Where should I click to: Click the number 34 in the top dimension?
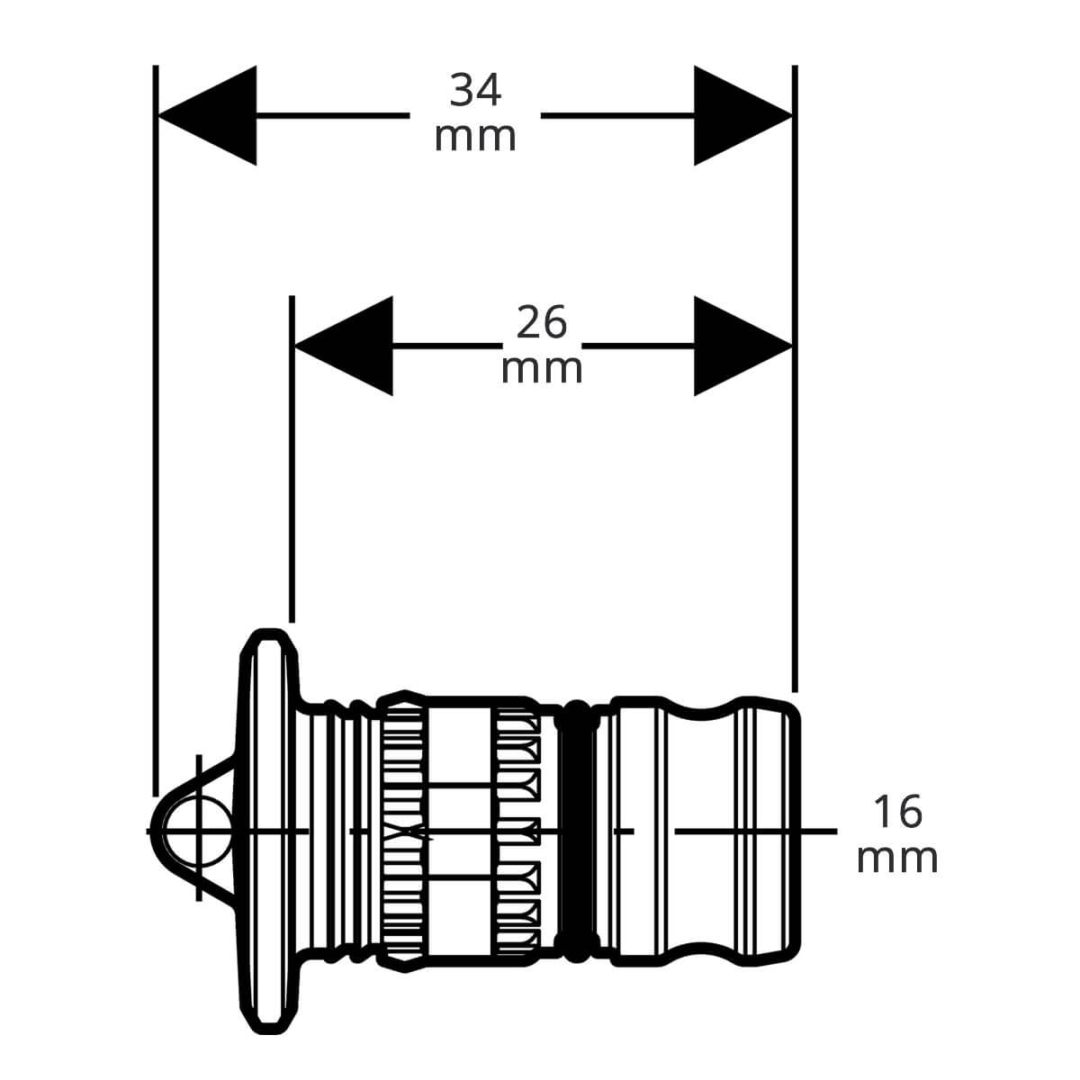pyautogui.click(x=474, y=91)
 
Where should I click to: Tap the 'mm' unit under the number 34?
pyautogui.click(x=474, y=138)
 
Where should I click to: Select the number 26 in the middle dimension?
pyautogui.click(x=542, y=322)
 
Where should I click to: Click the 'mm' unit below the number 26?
pyautogui.click(x=542, y=369)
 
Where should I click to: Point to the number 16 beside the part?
pyautogui.click(x=898, y=812)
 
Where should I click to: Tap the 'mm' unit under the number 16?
pyautogui.click(x=897, y=859)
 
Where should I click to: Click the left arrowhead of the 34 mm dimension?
pyautogui.click(x=207, y=115)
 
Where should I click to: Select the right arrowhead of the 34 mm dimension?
pyautogui.click(x=743, y=115)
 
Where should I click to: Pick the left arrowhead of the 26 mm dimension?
pyautogui.click(x=344, y=346)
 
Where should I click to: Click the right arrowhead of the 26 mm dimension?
pyautogui.click(x=743, y=346)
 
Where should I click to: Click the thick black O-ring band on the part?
pyautogui.click(x=577, y=832)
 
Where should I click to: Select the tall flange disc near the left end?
pyautogui.click(x=268, y=832)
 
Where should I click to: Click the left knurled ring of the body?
pyautogui.click(x=403, y=832)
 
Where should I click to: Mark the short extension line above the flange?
pyautogui.click(x=292, y=459)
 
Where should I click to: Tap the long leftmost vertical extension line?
pyautogui.click(x=155, y=430)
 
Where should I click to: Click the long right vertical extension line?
pyautogui.click(x=795, y=379)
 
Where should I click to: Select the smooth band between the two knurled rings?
pyautogui.click(x=460, y=832)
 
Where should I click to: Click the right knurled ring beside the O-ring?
pyautogui.click(x=517, y=832)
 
